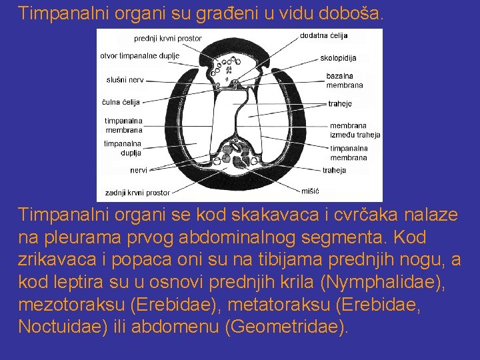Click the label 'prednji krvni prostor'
click(167, 39)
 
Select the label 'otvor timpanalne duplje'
click(140, 55)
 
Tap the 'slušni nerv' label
click(125, 80)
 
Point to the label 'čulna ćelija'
click(121, 102)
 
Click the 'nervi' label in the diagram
click(139, 170)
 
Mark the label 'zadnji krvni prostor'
click(137, 193)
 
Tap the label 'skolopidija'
click(338, 58)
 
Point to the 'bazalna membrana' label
click(345, 81)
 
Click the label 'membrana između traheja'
click(355, 130)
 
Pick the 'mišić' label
click(311, 191)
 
